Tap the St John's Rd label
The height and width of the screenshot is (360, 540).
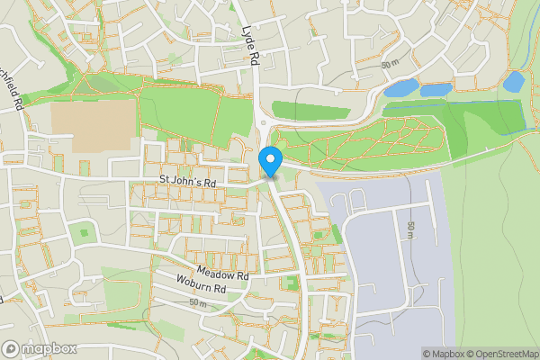(x=188, y=182)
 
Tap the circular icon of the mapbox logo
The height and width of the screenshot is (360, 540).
(x=12, y=347)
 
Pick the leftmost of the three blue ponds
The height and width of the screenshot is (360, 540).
(x=400, y=88)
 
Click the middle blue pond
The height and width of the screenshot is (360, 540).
(x=436, y=90)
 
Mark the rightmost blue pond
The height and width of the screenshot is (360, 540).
(x=513, y=81)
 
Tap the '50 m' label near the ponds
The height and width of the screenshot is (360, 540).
(x=390, y=66)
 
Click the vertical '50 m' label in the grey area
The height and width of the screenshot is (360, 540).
(x=410, y=230)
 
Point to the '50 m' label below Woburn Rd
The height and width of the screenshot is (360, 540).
(x=199, y=303)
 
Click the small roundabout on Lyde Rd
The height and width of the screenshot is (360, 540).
(x=263, y=124)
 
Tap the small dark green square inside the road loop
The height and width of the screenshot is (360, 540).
(x=84, y=232)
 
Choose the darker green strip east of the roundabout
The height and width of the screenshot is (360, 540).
(x=310, y=110)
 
